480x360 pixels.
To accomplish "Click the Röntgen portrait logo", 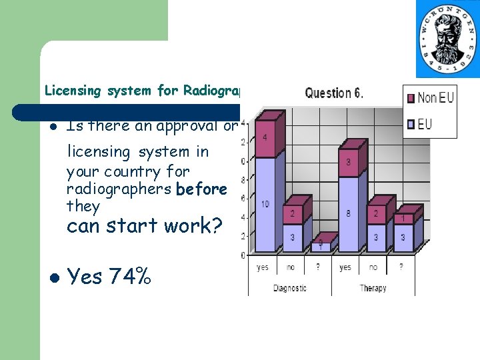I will [447, 39].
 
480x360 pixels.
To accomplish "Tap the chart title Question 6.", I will [334, 93].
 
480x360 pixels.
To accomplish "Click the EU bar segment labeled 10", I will [265, 204].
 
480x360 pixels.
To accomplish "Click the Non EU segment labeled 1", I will [403, 218].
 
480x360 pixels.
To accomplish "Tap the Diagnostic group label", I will [290, 288].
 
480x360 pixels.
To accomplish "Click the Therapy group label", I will [373, 288].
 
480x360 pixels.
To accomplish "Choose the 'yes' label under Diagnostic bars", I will [263, 268].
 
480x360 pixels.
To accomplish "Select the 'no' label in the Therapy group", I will [373, 268].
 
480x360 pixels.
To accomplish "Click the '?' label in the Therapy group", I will [401, 268].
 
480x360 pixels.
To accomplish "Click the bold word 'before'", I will [201, 189].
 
